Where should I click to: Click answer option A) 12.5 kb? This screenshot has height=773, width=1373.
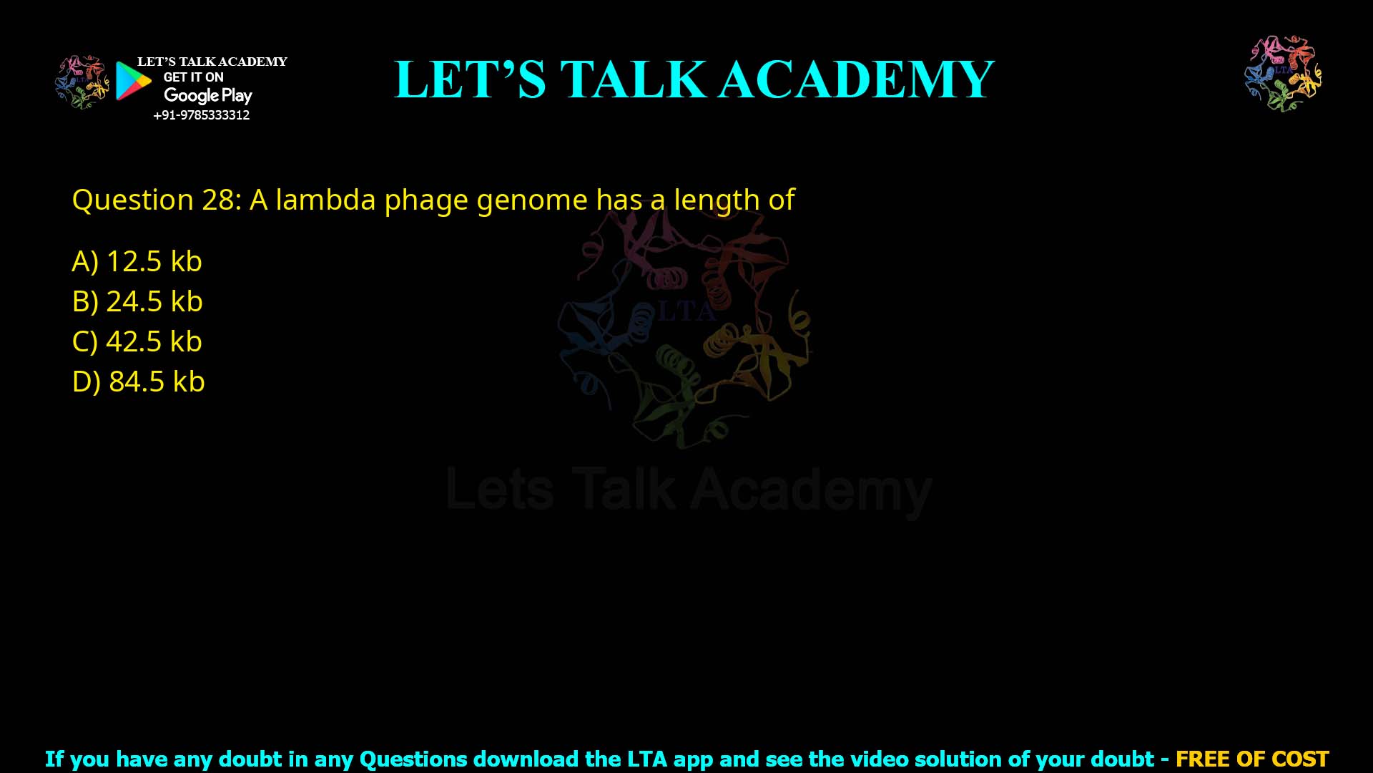137,261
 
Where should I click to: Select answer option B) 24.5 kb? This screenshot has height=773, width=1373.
137,301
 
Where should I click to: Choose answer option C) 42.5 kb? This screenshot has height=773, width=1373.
137,341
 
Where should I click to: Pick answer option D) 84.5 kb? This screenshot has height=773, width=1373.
138,381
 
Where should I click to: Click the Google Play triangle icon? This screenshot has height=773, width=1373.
133,81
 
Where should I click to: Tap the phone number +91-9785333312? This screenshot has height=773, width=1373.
202,115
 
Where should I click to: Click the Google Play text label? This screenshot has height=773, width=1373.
207,95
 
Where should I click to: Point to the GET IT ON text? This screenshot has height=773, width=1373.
193,77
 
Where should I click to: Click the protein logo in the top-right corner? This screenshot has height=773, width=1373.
1283,74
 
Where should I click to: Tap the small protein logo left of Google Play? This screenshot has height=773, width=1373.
82,82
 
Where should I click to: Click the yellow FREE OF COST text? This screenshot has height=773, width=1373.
1251,759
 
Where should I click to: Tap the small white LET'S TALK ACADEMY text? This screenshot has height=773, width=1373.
212,62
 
